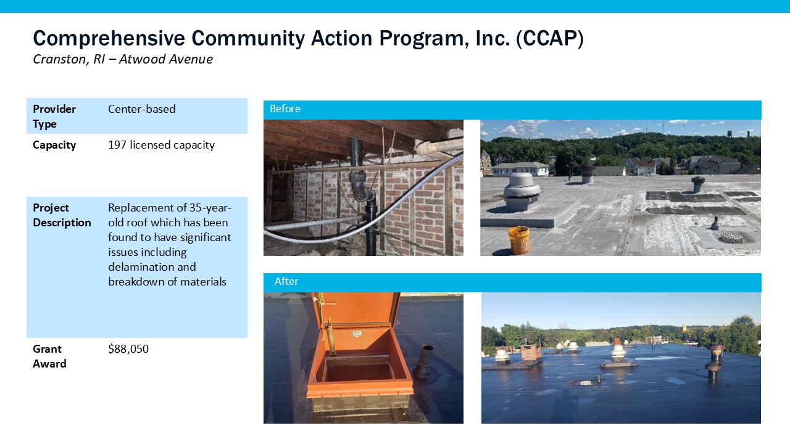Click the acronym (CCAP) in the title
tap(550, 38)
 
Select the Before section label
tap(285, 109)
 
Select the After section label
tap(286, 281)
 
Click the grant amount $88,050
tap(128, 349)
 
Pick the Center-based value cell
tap(142, 109)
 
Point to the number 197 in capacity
tap(117, 145)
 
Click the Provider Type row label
tap(54, 117)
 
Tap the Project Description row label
tap(62, 215)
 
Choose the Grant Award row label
tap(49, 356)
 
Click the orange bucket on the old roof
tap(519, 240)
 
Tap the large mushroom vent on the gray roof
tap(522, 192)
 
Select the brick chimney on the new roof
tap(531, 353)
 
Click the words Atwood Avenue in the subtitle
tap(166, 59)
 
